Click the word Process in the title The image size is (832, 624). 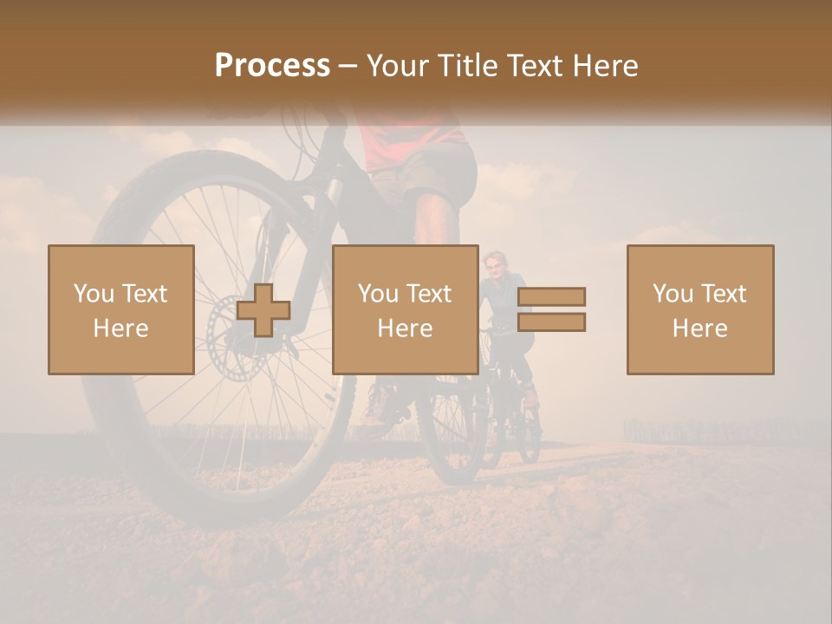(x=272, y=66)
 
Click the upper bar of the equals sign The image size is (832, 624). (x=551, y=297)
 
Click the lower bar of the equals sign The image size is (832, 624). (x=551, y=322)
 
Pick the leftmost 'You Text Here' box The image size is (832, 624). (x=121, y=309)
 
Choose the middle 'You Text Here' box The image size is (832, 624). (x=405, y=309)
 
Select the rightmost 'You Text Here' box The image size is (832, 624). (x=699, y=309)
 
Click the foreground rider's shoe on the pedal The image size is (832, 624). (x=379, y=403)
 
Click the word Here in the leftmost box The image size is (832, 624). (x=121, y=328)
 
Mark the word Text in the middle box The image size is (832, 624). (x=429, y=294)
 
